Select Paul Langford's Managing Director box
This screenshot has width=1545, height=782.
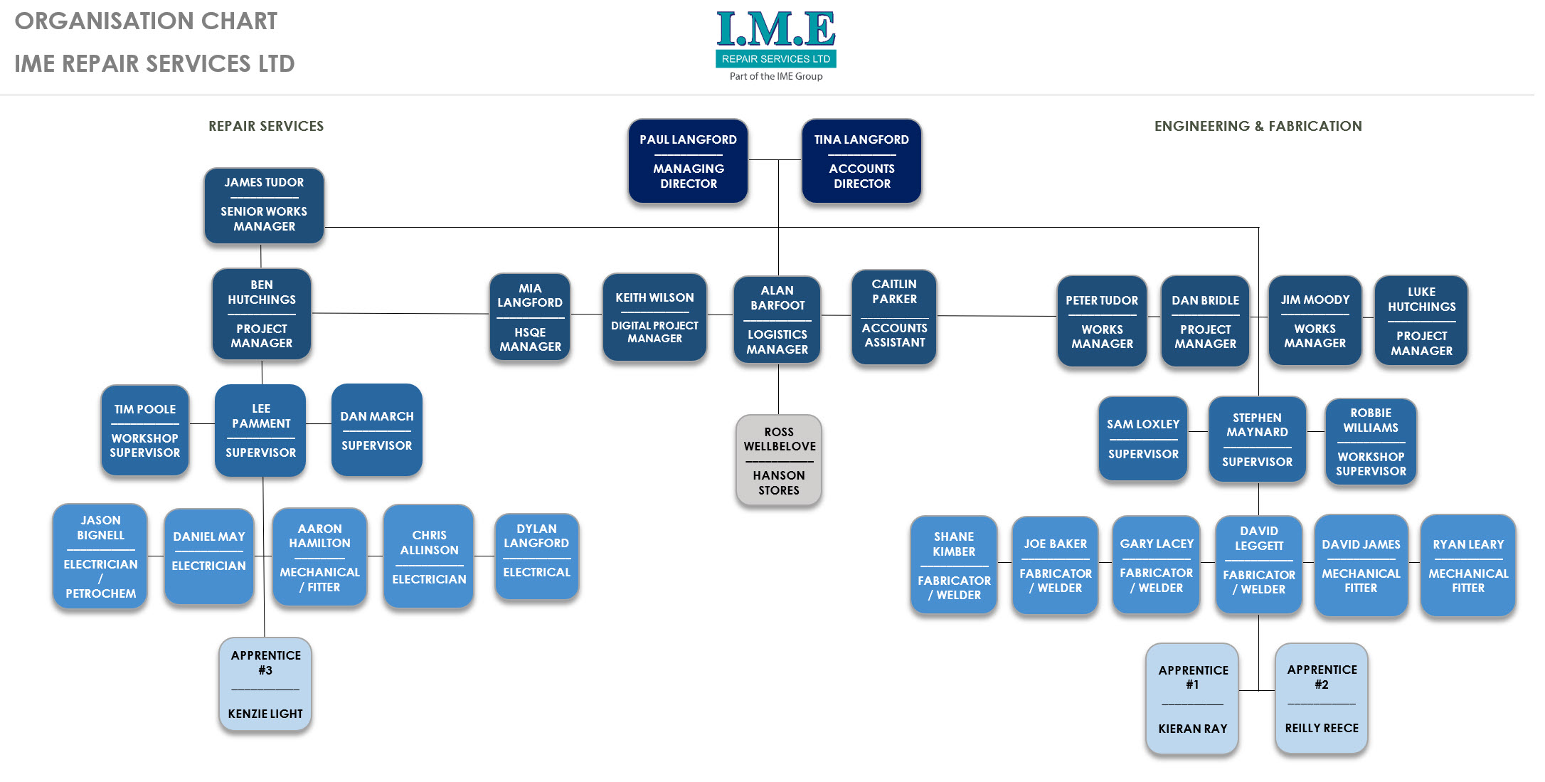click(688, 162)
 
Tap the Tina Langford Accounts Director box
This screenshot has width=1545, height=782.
click(861, 162)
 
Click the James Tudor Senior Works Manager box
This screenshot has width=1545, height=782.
click(264, 206)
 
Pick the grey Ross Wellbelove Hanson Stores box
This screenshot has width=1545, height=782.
click(779, 460)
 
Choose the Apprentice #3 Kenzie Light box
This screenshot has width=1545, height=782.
click(265, 684)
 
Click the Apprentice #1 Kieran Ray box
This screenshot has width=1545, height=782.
click(1192, 699)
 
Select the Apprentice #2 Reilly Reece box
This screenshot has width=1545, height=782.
click(1321, 698)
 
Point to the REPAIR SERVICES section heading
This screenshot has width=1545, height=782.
click(266, 126)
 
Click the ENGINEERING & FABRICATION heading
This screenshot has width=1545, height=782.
click(1258, 126)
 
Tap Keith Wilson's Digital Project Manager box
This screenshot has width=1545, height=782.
click(654, 317)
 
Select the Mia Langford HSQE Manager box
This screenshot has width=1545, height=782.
click(530, 317)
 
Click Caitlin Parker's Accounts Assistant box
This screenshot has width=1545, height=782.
click(894, 317)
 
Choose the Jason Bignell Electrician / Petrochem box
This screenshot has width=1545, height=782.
click(100, 556)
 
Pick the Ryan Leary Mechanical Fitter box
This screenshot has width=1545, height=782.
click(1467, 566)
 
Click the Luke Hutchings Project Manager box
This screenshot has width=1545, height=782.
click(1421, 321)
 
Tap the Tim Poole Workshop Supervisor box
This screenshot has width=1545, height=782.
click(145, 430)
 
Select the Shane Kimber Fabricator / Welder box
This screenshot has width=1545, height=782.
click(954, 565)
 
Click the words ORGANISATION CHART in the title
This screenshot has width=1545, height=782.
click(146, 21)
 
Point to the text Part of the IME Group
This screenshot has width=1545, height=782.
click(775, 76)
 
